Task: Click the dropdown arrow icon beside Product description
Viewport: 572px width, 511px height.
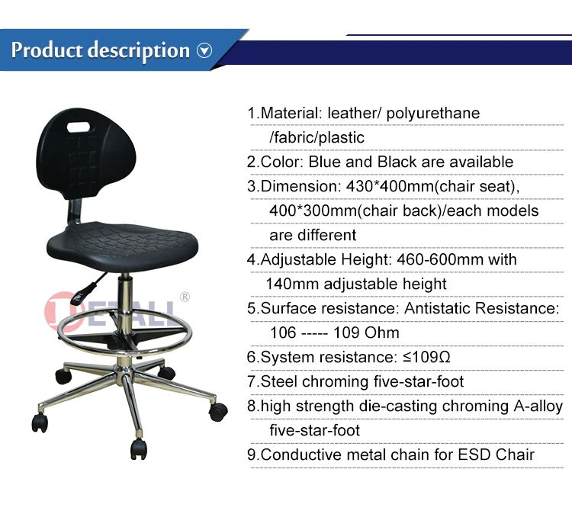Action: coord(204,51)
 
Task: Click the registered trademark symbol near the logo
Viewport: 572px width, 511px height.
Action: coord(184,297)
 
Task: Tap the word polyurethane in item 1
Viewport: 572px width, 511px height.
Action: coord(433,114)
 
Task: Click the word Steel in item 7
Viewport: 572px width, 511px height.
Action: coord(279,381)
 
